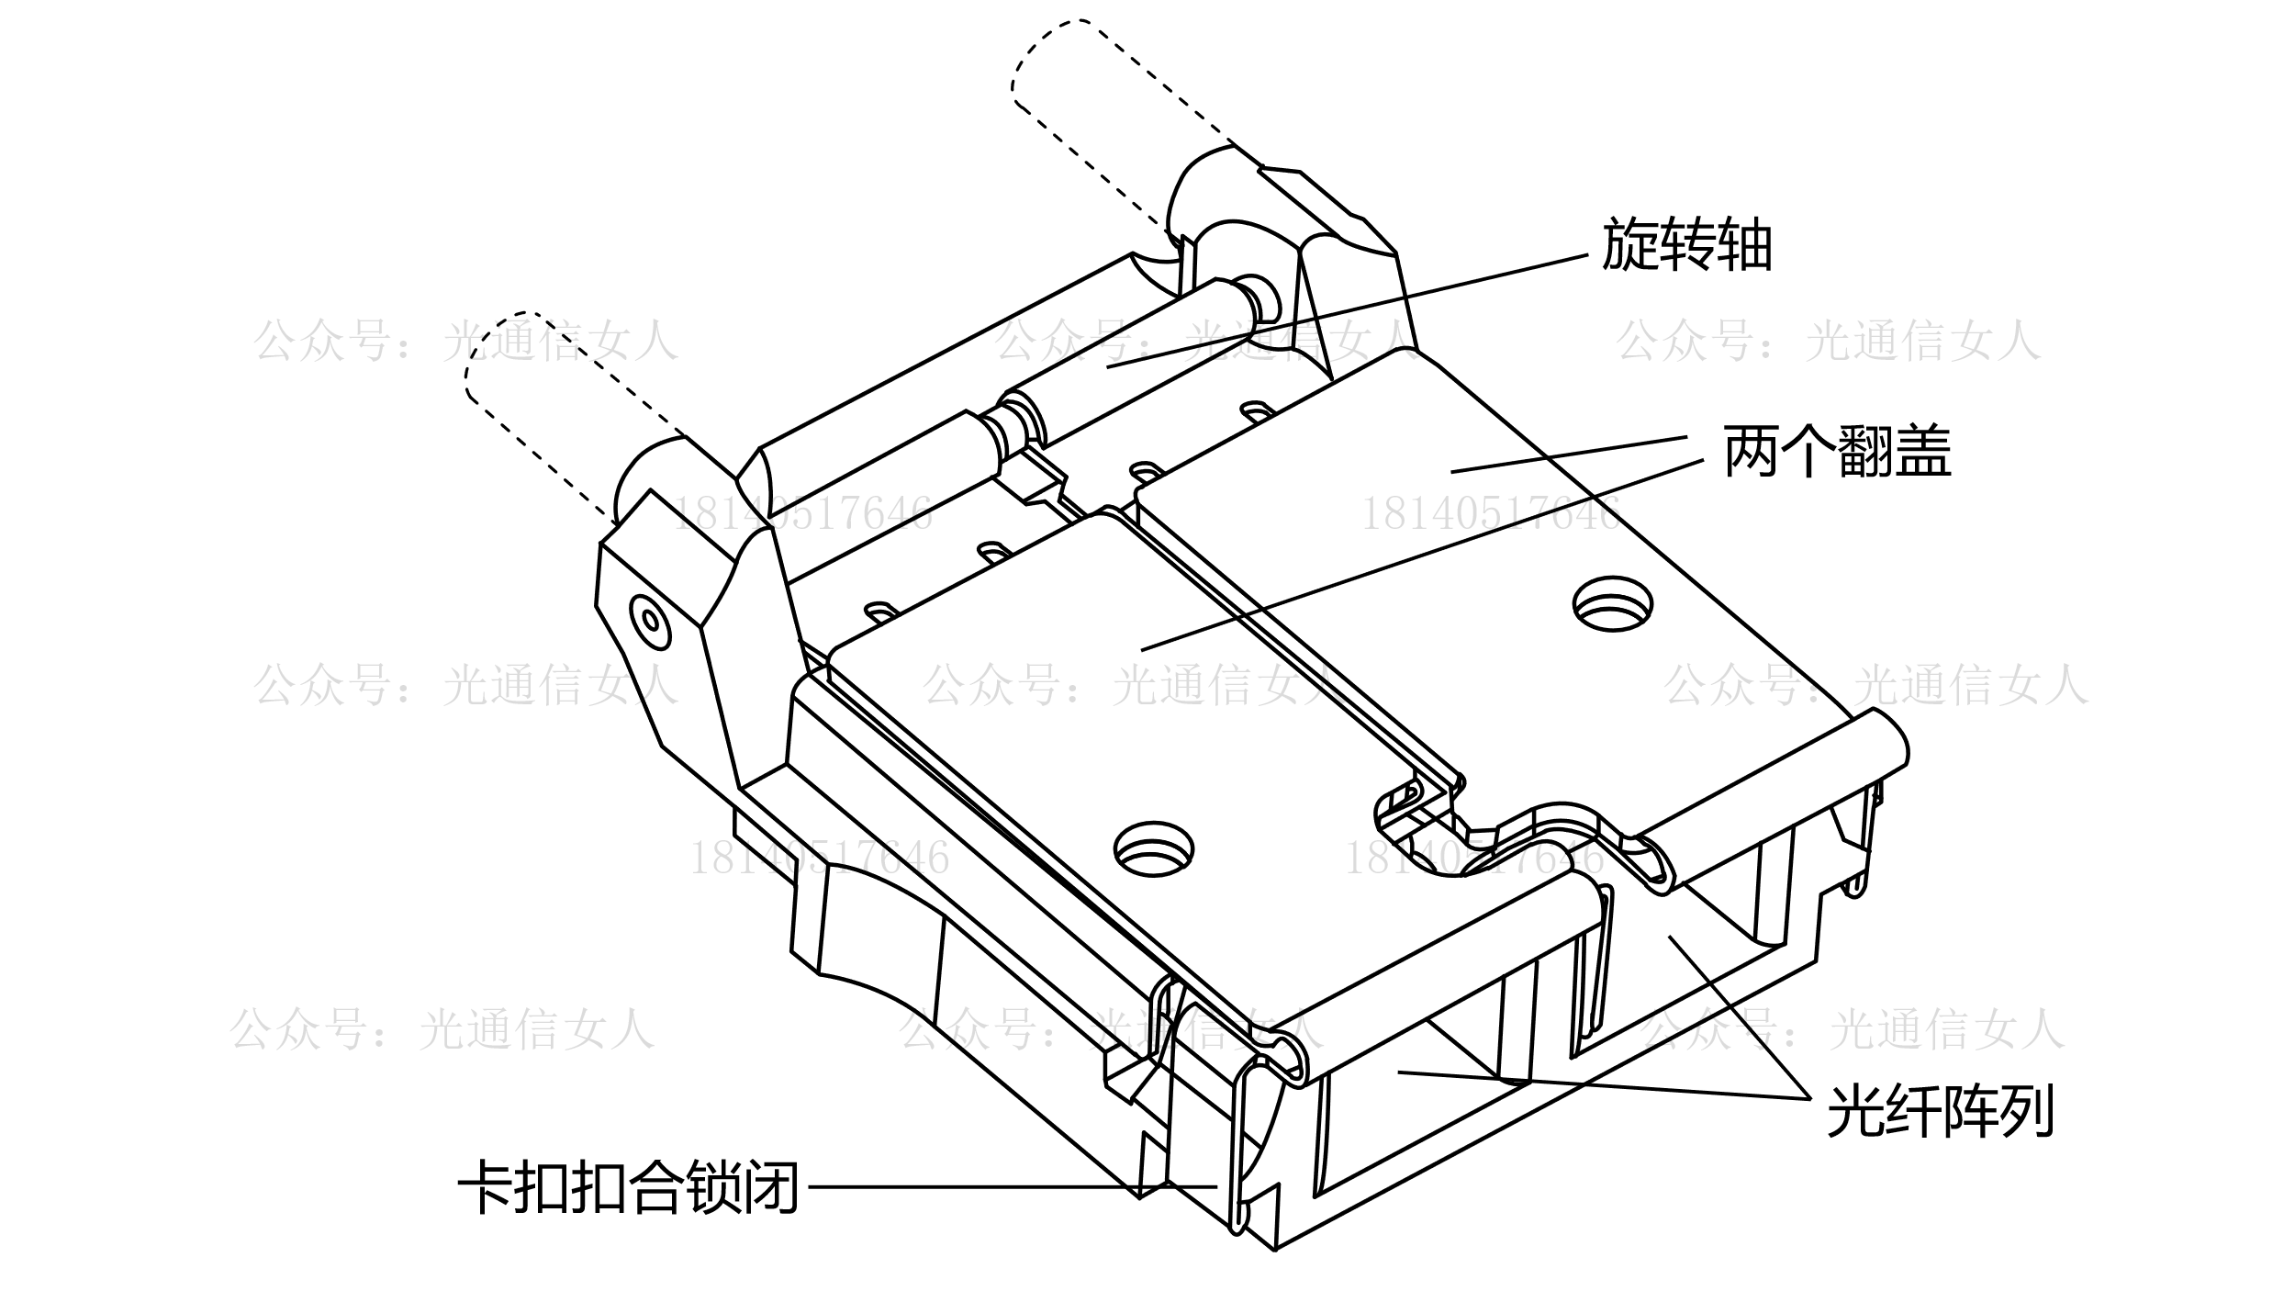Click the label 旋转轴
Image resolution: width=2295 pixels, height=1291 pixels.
point(1686,245)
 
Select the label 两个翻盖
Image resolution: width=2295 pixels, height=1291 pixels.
point(1838,452)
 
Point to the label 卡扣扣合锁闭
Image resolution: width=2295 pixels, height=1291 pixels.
point(628,1187)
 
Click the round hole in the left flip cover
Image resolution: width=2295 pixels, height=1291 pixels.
point(1154,848)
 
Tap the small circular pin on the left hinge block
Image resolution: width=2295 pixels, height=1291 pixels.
point(651,621)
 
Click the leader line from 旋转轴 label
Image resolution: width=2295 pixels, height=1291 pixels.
point(1349,311)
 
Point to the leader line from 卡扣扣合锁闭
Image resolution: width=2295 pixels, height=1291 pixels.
point(1010,1187)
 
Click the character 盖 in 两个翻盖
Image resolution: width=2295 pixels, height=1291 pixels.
point(1923,452)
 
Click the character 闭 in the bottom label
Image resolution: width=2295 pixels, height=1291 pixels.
point(771,1187)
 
